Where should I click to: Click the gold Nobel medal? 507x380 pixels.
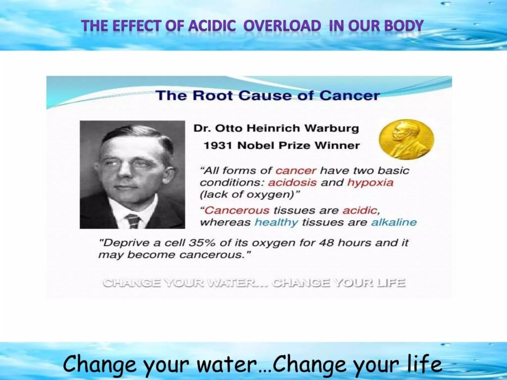click(x=406, y=139)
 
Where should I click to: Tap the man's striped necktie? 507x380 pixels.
click(x=133, y=221)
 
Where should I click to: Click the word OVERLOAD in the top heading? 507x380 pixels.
click(x=282, y=26)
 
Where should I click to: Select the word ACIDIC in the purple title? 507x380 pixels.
click(x=212, y=26)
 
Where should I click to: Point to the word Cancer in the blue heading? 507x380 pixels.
click(x=350, y=95)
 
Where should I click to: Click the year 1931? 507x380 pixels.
click(x=218, y=146)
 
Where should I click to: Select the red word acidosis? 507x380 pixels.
click(x=292, y=183)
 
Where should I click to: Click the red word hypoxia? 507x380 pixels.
click(x=370, y=183)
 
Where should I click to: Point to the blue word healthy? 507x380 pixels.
click(x=276, y=223)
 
